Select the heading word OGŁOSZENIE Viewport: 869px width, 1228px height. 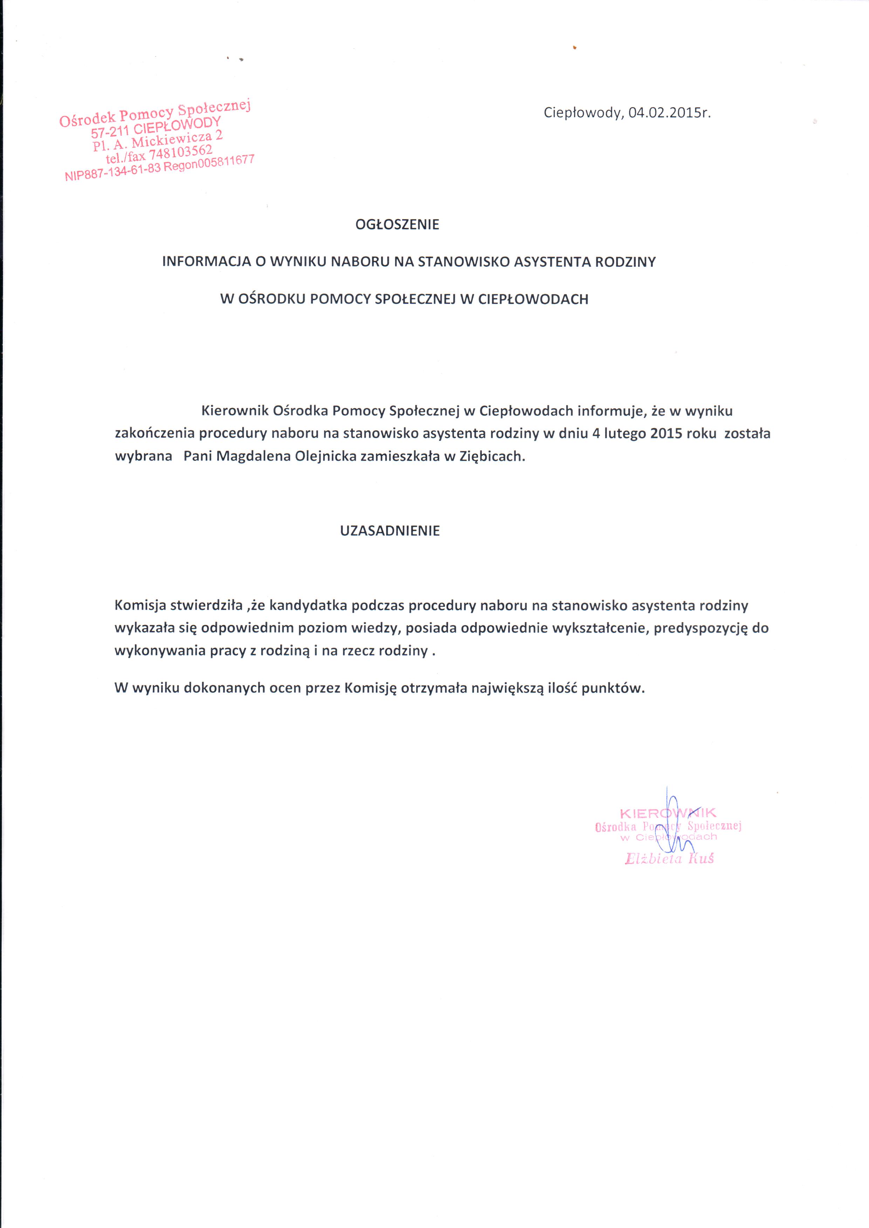point(397,225)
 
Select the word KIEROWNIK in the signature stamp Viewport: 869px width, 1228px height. point(668,813)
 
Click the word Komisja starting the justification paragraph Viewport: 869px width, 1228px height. point(140,605)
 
